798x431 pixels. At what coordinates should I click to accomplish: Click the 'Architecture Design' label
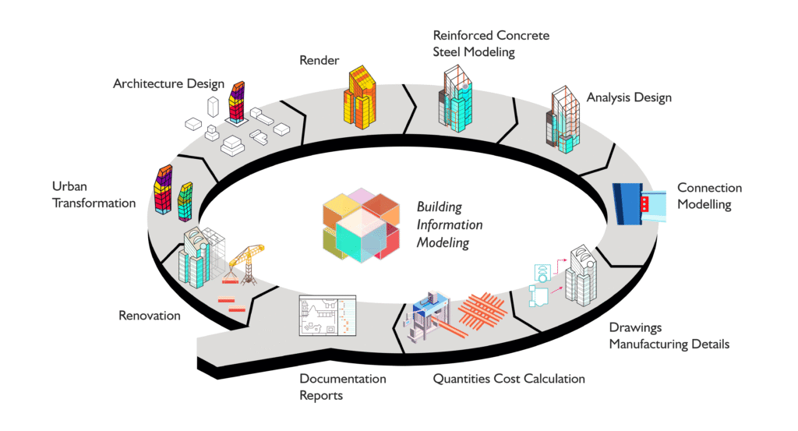tap(168, 83)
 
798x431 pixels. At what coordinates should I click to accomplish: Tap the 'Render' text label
tap(320, 60)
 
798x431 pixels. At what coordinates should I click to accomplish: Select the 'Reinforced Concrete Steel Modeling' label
tap(491, 44)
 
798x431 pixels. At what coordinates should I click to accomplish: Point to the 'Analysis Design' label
tap(629, 98)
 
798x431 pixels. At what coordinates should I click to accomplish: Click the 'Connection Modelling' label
tap(709, 196)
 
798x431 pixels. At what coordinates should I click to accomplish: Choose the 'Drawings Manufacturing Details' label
tap(669, 336)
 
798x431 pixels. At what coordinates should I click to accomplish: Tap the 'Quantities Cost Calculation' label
tap(509, 379)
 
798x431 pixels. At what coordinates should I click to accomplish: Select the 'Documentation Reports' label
tap(343, 387)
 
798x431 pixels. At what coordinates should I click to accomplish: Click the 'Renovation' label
tap(150, 316)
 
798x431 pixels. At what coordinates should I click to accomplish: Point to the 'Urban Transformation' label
tap(94, 195)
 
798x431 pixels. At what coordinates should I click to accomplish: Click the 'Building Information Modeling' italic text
tap(450, 224)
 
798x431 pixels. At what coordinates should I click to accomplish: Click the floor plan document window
tap(327, 316)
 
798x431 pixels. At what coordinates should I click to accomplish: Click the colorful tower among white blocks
tap(237, 101)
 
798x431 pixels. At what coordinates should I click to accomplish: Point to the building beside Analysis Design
tap(563, 117)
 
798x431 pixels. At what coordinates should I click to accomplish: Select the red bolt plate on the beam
tap(644, 205)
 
